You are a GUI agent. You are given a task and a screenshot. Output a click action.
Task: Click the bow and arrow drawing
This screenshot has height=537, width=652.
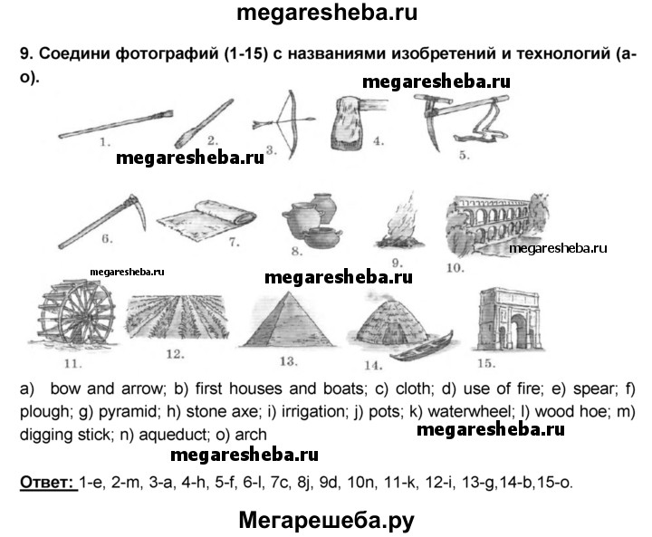click(283, 124)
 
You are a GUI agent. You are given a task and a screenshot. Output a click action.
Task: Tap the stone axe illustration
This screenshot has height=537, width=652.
click(359, 122)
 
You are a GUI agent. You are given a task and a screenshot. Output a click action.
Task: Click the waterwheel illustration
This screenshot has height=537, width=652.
click(76, 312)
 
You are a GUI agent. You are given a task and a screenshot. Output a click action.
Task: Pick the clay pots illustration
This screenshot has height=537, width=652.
click(312, 220)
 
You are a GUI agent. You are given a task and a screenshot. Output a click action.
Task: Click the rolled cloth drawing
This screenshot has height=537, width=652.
click(206, 220)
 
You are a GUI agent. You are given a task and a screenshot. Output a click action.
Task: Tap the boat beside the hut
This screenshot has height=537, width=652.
click(421, 346)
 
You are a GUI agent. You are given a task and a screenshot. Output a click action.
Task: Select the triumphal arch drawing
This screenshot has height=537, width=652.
click(508, 320)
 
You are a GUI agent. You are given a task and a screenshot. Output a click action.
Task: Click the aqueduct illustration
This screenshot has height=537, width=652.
click(497, 225)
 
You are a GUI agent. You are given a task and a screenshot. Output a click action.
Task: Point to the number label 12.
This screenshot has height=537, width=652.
click(175, 354)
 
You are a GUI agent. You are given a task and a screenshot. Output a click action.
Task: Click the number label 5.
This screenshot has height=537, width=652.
click(464, 155)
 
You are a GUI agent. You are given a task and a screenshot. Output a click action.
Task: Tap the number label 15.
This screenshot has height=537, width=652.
click(486, 363)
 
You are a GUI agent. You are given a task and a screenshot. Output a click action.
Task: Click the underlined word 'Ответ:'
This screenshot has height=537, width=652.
click(47, 483)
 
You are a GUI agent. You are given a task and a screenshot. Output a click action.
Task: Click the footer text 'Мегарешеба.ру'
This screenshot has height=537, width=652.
click(326, 521)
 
